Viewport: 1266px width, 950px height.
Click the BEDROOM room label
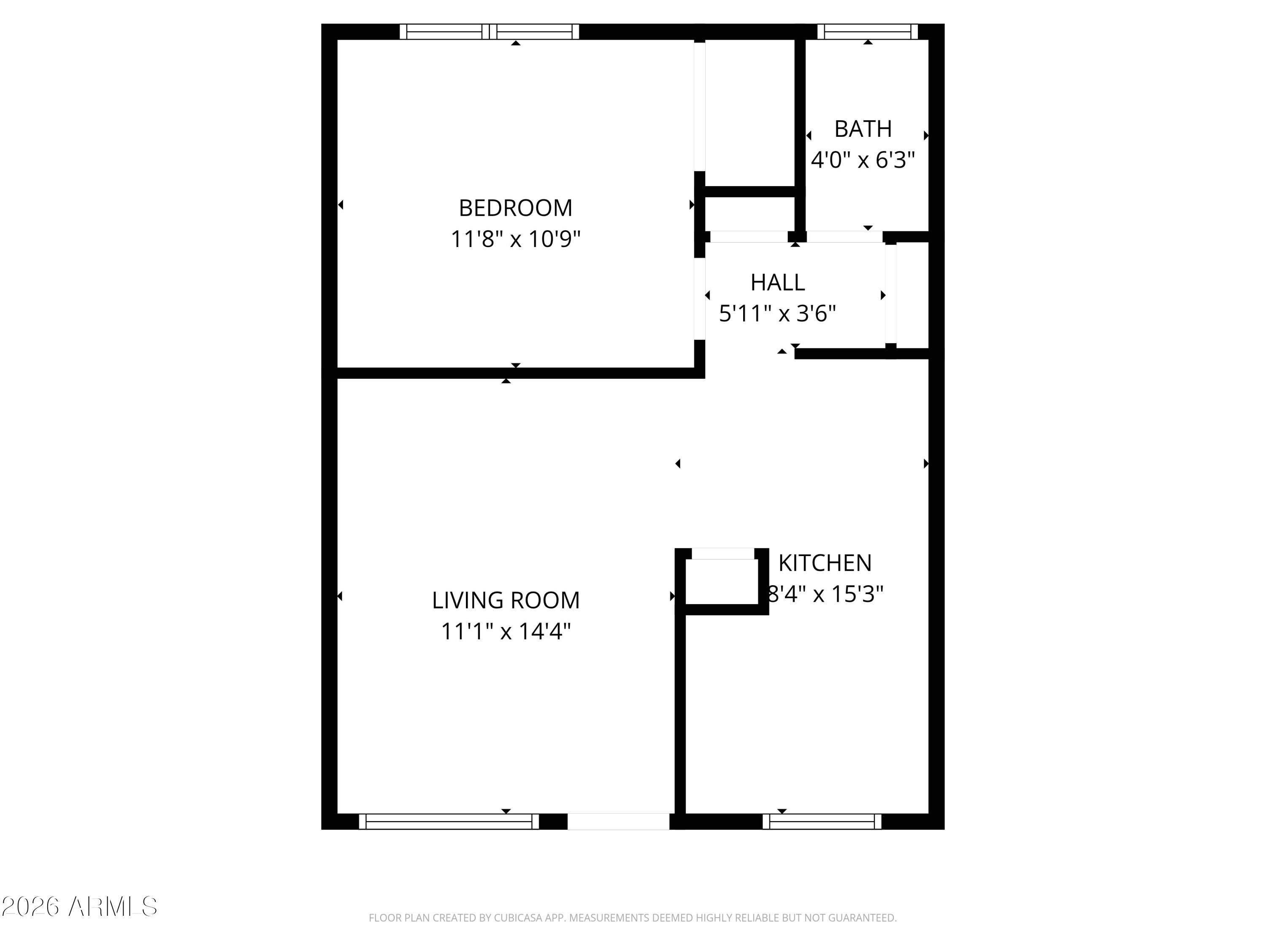point(515,208)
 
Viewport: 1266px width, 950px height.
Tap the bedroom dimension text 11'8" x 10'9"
point(515,239)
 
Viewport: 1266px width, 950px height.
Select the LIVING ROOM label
point(506,600)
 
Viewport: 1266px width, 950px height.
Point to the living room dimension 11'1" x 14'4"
point(506,631)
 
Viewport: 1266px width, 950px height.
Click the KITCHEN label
point(825,563)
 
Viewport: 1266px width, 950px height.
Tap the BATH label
point(863,129)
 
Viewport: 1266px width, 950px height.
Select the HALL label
point(777,282)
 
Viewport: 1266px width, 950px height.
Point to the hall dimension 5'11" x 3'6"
point(777,313)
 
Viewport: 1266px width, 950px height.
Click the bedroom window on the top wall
point(490,32)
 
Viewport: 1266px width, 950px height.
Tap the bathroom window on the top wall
point(868,32)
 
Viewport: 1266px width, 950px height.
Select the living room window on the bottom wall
point(449,822)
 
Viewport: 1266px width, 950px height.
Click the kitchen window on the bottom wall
point(822,822)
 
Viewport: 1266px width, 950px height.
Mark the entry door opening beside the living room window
point(618,822)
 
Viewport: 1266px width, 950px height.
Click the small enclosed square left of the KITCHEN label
point(722,582)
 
